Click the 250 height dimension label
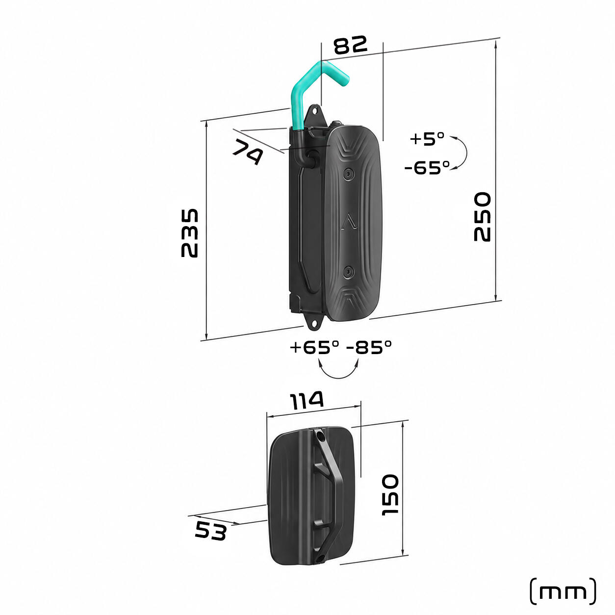click(x=482, y=217)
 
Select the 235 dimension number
click(x=190, y=233)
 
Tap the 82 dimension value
click(x=350, y=45)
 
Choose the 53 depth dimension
click(x=210, y=531)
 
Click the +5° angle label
click(x=427, y=139)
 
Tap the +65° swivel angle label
click(x=314, y=348)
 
